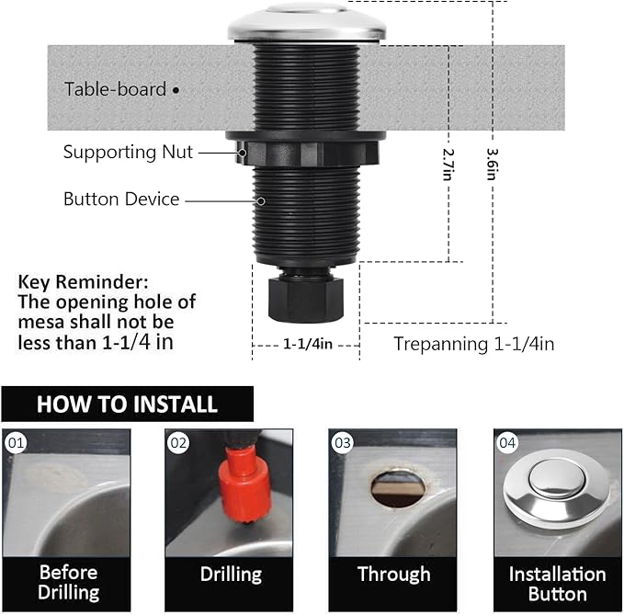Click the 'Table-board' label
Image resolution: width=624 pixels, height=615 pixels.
(x=115, y=89)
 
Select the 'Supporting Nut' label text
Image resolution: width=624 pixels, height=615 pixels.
(x=128, y=153)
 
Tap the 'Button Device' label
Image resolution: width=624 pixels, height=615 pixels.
(x=121, y=199)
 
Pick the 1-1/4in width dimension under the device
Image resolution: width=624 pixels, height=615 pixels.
(x=306, y=343)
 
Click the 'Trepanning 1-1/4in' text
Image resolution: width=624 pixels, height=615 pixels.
(x=473, y=344)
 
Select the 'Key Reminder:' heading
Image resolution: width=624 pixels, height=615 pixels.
(x=83, y=281)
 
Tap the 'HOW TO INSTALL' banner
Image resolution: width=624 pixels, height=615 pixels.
(x=127, y=404)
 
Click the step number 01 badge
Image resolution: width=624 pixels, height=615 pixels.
(x=16, y=443)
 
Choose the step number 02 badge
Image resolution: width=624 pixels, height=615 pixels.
(x=178, y=443)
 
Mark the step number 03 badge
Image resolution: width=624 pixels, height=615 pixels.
(x=343, y=443)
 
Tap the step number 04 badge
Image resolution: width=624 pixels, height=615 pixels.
(x=507, y=443)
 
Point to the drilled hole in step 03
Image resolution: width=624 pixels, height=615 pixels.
(x=397, y=488)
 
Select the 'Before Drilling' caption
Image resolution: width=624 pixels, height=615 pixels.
(x=68, y=582)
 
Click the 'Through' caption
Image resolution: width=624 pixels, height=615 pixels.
(x=393, y=575)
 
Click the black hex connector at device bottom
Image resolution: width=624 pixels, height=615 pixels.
(x=306, y=295)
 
